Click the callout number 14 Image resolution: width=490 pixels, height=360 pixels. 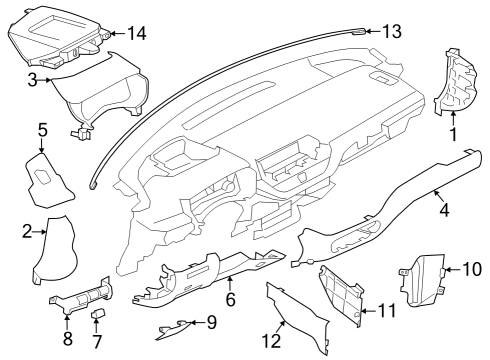pyautogui.click(x=136, y=34)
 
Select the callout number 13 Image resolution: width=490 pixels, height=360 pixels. pyautogui.click(x=392, y=32)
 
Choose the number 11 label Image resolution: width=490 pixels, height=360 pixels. pyautogui.click(x=386, y=311)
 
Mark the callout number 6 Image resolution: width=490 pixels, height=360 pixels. pyautogui.click(x=229, y=299)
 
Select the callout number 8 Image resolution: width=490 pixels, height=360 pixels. pyautogui.click(x=68, y=339)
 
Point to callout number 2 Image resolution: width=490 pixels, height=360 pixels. pyautogui.click(x=28, y=232)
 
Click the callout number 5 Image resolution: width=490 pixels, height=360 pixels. pyautogui.click(x=42, y=129)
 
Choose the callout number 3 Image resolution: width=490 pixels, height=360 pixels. pyautogui.click(x=32, y=78)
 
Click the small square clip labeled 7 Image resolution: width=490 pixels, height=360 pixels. pyautogui.click(x=98, y=314)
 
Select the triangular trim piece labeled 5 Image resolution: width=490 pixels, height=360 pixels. pyautogui.click(x=46, y=180)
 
